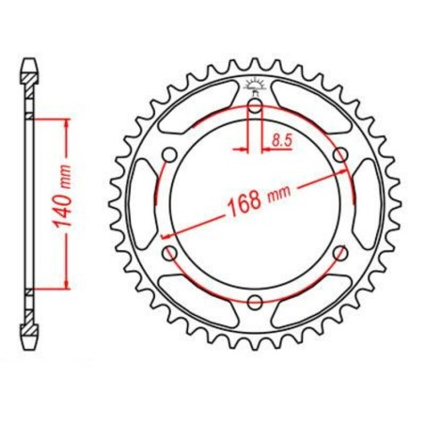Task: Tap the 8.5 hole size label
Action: click(x=280, y=142)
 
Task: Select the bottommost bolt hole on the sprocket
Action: click(x=255, y=300)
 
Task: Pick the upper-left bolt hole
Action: click(x=170, y=154)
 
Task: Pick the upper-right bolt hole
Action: click(x=339, y=154)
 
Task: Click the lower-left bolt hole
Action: click(x=170, y=252)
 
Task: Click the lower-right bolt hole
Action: click(x=339, y=252)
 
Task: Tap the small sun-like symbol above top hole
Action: click(x=255, y=87)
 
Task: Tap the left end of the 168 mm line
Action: click(x=164, y=236)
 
